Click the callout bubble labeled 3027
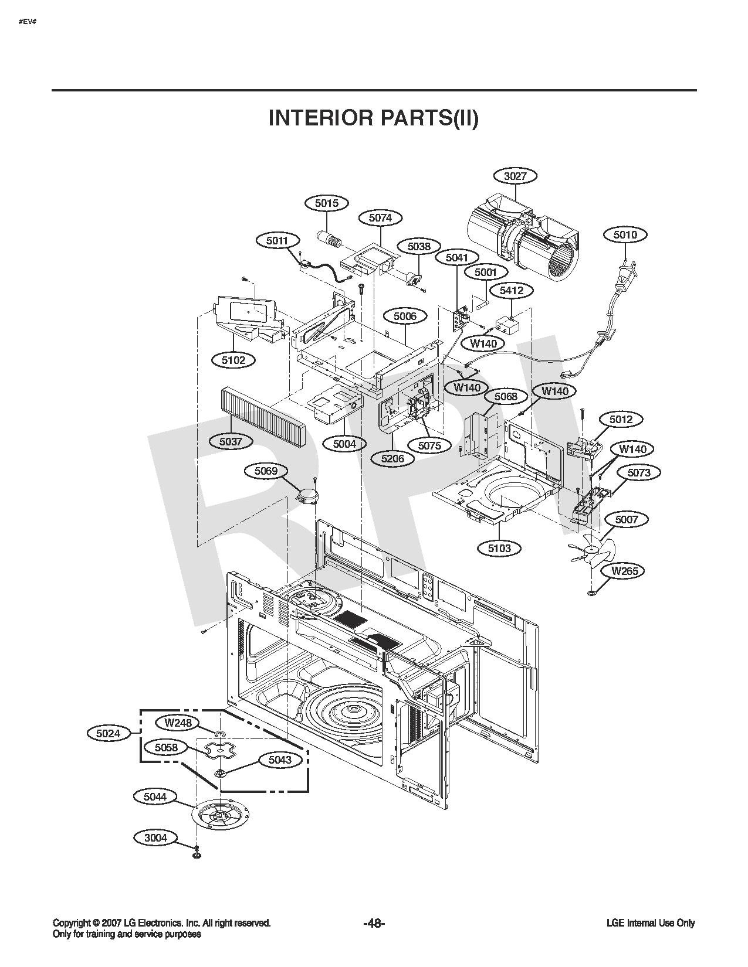click(x=515, y=176)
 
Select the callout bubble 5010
click(x=625, y=234)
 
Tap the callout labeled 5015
click(x=327, y=203)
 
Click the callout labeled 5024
click(x=109, y=733)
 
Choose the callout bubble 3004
click(x=155, y=838)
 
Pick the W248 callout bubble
click(x=178, y=723)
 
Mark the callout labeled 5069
click(x=266, y=471)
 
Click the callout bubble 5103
click(x=499, y=548)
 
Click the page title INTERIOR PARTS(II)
click(x=373, y=118)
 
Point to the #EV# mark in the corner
click(x=28, y=21)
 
